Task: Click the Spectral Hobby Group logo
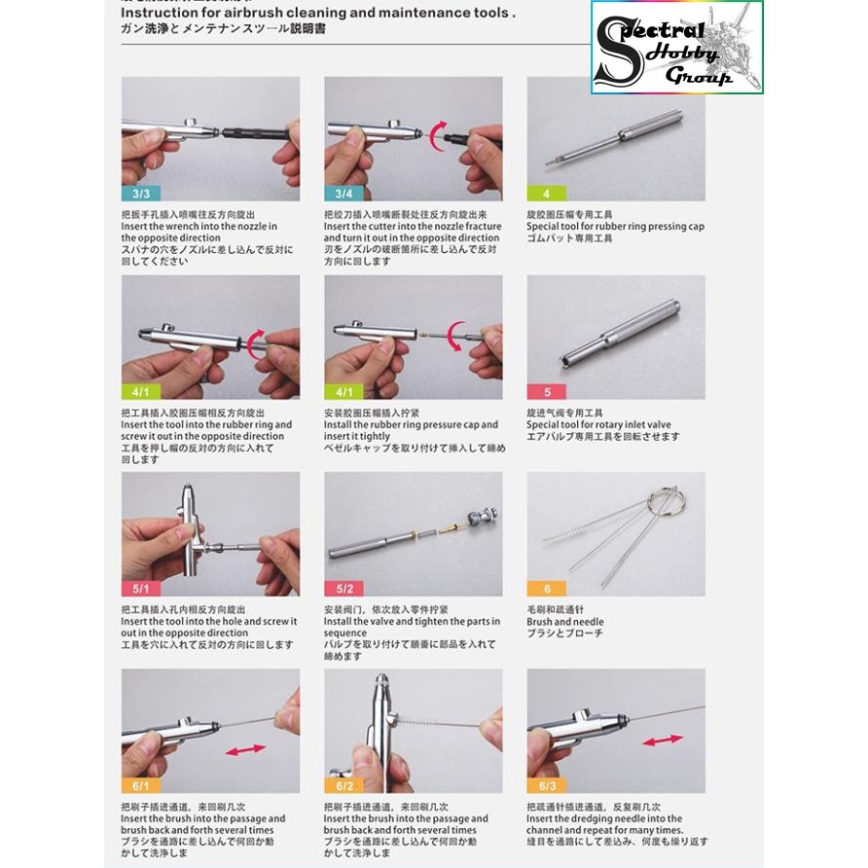[676, 48]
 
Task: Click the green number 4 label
[546, 194]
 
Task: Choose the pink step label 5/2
[344, 589]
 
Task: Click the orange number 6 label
[546, 589]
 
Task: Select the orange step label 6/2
[344, 785]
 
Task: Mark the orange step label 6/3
[546, 785]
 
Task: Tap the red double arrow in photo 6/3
[662, 740]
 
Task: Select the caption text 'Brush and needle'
[564, 622]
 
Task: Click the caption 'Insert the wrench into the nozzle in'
[199, 226]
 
